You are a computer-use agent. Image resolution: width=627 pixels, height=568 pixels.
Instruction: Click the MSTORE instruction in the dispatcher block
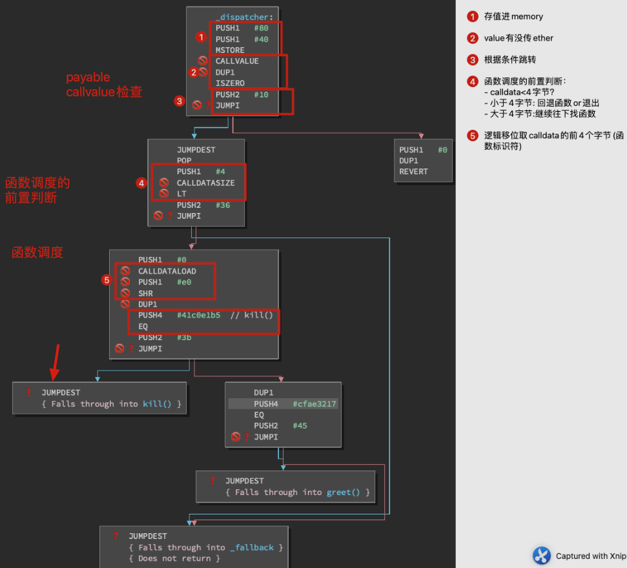tap(230, 50)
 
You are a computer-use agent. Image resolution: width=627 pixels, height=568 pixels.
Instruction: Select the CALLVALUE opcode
tap(237, 61)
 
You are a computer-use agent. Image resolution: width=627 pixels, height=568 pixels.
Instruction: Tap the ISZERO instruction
tap(230, 83)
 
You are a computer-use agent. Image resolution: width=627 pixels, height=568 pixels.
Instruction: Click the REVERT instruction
tap(413, 172)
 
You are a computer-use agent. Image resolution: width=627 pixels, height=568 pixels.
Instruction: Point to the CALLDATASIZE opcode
tap(206, 183)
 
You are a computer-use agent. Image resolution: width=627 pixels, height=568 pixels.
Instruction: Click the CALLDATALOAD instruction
tap(167, 271)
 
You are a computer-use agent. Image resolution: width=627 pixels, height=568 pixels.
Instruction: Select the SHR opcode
tap(145, 294)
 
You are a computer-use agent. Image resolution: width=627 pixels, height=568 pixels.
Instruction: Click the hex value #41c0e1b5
tap(198, 316)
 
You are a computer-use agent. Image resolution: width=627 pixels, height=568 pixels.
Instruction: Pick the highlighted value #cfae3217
tap(314, 404)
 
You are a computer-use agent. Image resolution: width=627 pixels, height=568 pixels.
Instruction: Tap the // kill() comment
tap(252, 316)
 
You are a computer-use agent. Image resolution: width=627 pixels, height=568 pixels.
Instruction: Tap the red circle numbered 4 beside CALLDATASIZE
tap(141, 183)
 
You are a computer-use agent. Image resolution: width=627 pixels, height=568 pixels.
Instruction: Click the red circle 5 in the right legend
tap(473, 136)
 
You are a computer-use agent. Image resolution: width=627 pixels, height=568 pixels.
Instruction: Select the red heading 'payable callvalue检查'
tap(103, 85)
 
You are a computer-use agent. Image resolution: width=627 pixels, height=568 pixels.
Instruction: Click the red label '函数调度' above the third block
tap(37, 252)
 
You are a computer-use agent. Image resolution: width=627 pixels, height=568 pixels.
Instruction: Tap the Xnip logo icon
tap(542, 556)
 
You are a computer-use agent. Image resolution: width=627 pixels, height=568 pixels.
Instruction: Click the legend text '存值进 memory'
tap(513, 17)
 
